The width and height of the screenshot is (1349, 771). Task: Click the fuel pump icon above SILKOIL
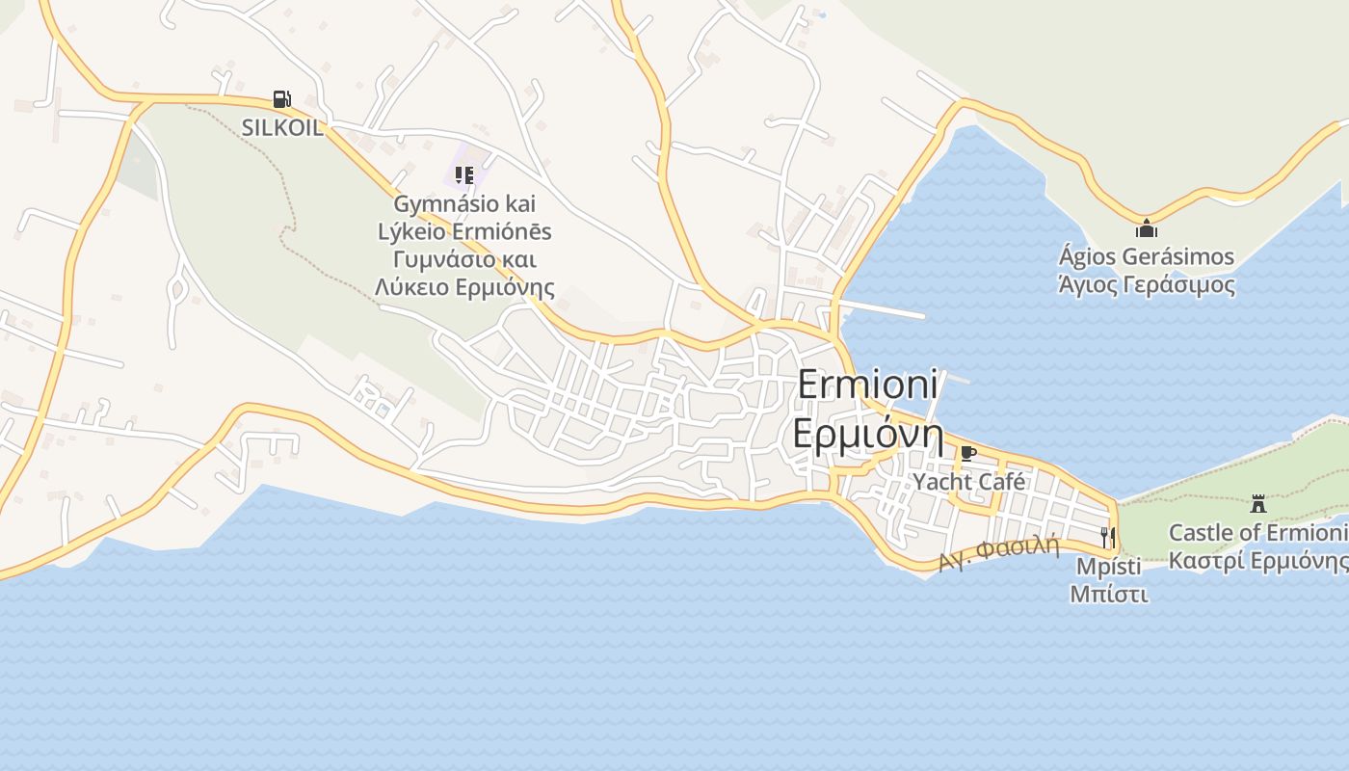pyautogui.click(x=281, y=99)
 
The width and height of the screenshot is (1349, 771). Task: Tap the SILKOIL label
pyautogui.click(x=281, y=128)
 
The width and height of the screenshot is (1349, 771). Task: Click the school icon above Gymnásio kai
pyautogui.click(x=464, y=175)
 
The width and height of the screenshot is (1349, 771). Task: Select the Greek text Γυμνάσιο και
pyautogui.click(x=464, y=259)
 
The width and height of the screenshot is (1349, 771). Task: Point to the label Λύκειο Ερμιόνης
pyautogui.click(x=464, y=287)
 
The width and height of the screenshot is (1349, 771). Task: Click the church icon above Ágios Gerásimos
pyautogui.click(x=1146, y=229)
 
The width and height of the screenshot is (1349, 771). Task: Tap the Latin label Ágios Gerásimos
pyautogui.click(x=1146, y=257)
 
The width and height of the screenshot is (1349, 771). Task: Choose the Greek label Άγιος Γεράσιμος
pyautogui.click(x=1146, y=285)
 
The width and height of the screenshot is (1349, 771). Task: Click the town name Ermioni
pyautogui.click(x=867, y=386)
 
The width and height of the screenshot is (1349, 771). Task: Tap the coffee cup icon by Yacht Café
pyautogui.click(x=968, y=453)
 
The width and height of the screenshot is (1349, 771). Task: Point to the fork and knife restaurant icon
pyautogui.click(x=1108, y=536)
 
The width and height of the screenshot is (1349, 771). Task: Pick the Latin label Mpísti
pyautogui.click(x=1108, y=565)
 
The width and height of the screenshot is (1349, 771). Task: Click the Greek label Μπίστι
pyautogui.click(x=1108, y=593)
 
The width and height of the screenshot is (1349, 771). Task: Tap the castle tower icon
pyautogui.click(x=1257, y=503)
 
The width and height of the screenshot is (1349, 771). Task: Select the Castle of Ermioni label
pyautogui.click(x=1257, y=533)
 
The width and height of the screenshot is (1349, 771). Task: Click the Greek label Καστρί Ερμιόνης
pyautogui.click(x=1257, y=561)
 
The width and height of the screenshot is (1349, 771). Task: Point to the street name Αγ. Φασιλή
pyautogui.click(x=998, y=552)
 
